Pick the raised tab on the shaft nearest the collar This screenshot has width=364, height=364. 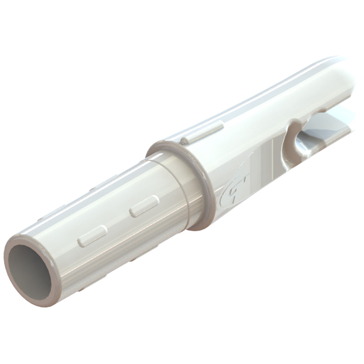144,206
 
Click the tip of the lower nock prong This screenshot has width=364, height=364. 350,132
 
